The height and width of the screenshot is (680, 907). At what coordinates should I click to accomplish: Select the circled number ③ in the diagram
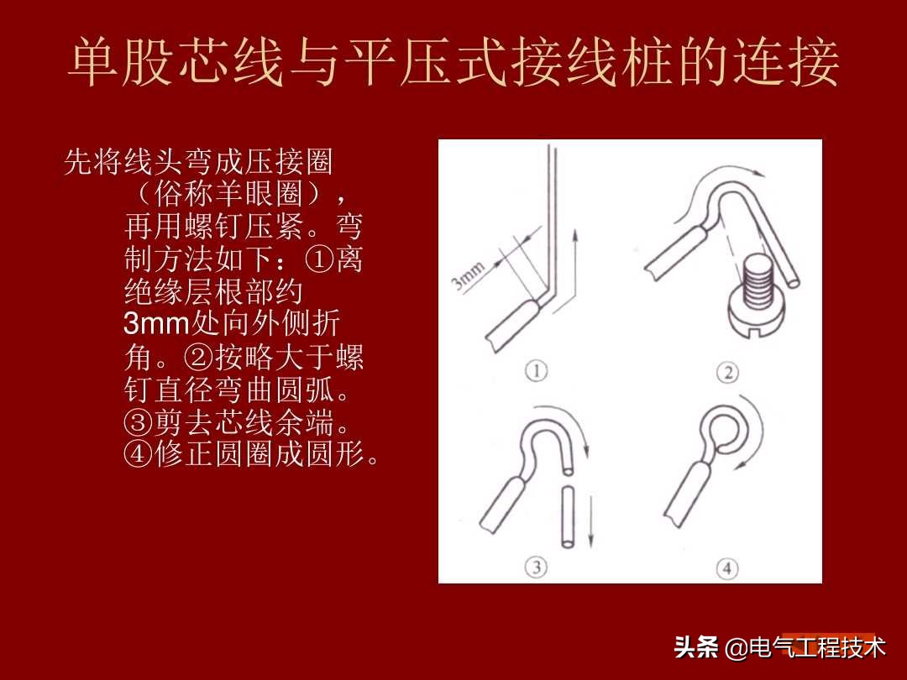tap(537, 568)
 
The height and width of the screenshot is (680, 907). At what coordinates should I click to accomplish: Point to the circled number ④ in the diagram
tap(727, 568)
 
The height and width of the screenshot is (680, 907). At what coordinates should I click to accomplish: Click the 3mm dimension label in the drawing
tap(469, 276)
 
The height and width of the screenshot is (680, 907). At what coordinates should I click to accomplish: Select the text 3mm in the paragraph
tap(157, 323)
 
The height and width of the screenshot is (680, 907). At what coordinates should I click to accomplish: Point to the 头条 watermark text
tap(696, 648)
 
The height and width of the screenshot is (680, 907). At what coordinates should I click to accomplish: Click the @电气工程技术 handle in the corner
tap(805, 648)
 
